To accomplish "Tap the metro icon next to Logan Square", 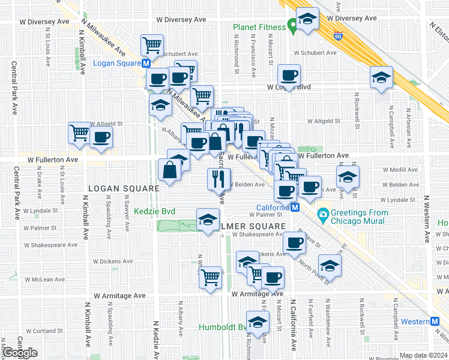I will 146,64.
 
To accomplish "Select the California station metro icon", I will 295,208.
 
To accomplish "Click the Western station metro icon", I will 435,322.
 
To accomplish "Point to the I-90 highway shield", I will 339,37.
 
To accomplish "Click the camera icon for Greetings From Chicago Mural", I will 323,214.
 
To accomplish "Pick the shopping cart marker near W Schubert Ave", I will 152,44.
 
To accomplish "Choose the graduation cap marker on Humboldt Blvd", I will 258,322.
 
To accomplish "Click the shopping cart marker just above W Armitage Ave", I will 210,278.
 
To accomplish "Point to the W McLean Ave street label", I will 44,280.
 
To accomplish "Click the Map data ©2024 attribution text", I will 424,355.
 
